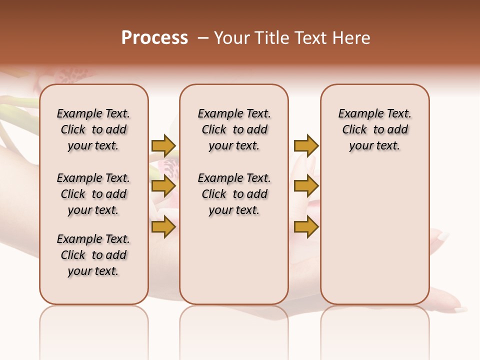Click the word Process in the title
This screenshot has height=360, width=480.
coord(154,38)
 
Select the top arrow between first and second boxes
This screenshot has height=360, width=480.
coord(163,145)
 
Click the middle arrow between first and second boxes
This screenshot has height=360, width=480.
coord(163,186)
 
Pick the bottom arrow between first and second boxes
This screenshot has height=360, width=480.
coord(163,227)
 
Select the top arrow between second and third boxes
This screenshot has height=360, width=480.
coord(306,145)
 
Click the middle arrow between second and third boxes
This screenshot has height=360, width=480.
coord(306,186)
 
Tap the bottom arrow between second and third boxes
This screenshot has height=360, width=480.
coord(306,227)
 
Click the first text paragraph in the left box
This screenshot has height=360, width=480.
coord(93,129)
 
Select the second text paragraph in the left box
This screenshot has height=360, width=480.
coord(93,194)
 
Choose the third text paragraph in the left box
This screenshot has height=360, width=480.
coord(93,255)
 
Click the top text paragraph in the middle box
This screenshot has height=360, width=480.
coord(234,129)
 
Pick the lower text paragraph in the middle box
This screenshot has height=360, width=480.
coord(234,194)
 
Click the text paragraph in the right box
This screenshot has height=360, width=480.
coord(374,129)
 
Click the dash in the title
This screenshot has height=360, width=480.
coord(202,38)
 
